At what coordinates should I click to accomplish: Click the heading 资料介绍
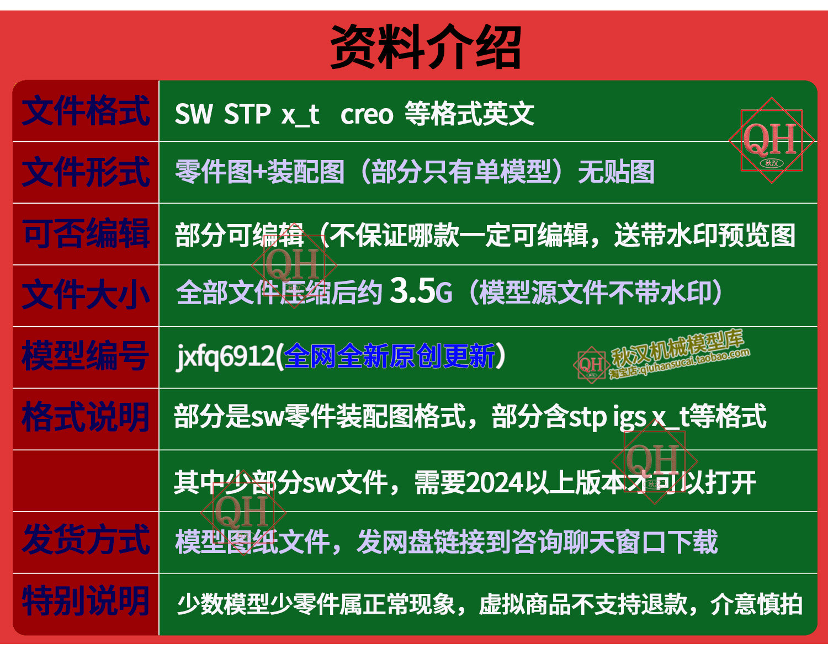pyautogui.click(x=426, y=47)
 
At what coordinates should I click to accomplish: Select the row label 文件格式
pyautogui.click(x=86, y=111)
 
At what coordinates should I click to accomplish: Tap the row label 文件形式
pyautogui.click(x=86, y=172)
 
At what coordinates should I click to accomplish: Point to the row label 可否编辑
pyautogui.click(x=86, y=233)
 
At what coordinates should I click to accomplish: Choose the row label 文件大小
pyautogui.click(x=86, y=295)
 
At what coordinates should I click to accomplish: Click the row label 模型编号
pyautogui.click(x=85, y=356)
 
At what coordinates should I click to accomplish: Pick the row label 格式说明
pyautogui.click(x=85, y=418)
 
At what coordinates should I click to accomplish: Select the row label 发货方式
pyautogui.click(x=86, y=540)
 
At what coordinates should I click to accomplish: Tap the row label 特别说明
pyautogui.click(x=85, y=602)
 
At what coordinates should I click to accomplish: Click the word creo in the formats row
pyautogui.click(x=367, y=115)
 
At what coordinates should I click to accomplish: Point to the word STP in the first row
pyautogui.click(x=247, y=114)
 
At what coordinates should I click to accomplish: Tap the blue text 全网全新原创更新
pyautogui.click(x=389, y=356)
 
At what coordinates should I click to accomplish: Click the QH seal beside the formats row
pyautogui.click(x=772, y=140)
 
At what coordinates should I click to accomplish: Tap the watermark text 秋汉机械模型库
pyautogui.click(x=677, y=348)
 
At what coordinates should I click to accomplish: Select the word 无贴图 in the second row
pyautogui.click(x=616, y=172)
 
